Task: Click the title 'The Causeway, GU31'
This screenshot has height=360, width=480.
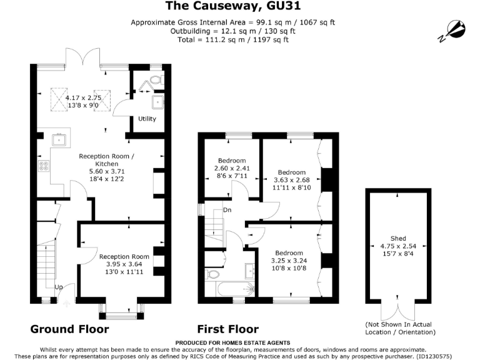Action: [x=232, y=6]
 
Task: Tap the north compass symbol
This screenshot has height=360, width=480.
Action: [x=453, y=31]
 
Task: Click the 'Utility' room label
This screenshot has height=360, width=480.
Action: [x=147, y=119]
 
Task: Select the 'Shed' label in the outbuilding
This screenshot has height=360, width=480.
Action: [x=398, y=238]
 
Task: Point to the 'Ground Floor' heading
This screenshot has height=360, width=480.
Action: [x=69, y=329]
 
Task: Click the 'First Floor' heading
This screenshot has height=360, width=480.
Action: [x=228, y=329]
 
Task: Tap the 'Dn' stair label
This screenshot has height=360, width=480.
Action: [x=227, y=210]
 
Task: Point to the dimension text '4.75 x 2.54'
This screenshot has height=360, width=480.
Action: [x=398, y=246]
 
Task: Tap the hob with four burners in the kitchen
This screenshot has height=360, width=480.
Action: [x=44, y=166]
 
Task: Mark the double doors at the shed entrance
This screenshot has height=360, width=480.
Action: [x=398, y=307]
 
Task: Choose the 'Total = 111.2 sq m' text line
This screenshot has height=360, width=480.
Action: [x=232, y=39]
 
